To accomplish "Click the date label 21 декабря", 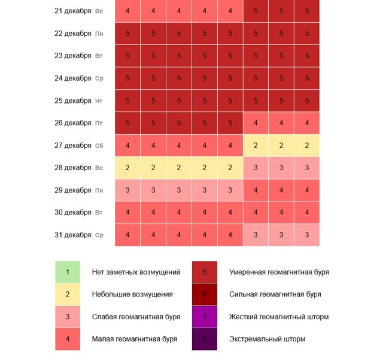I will click(x=72, y=11).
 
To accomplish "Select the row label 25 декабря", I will click(x=72, y=101).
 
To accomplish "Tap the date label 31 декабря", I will click(x=72, y=235).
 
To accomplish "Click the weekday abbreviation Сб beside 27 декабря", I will click(x=99, y=146).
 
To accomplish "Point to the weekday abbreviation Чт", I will click(x=99, y=101).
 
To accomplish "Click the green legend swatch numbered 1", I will click(x=68, y=272).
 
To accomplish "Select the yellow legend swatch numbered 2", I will click(x=68, y=294).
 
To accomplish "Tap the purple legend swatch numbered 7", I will click(x=205, y=316).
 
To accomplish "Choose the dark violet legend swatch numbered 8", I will click(x=205, y=339).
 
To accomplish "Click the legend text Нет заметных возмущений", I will click(x=136, y=272).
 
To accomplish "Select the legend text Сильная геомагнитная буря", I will click(x=275, y=294).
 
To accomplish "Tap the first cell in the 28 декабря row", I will click(x=127, y=168).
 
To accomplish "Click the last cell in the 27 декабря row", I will click(x=307, y=146).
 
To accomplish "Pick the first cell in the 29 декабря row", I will click(x=127, y=190).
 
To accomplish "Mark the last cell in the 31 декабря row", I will click(x=307, y=235).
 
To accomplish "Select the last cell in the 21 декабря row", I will click(x=307, y=11).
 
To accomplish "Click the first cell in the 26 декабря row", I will click(x=127, y=123).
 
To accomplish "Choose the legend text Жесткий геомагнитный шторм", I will click(x=279, y=316).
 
